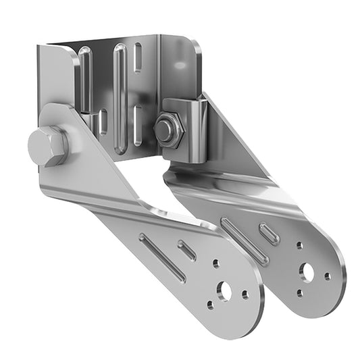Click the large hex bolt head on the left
[47, 145]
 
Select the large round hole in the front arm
[224, 292]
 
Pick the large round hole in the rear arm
[307, 272]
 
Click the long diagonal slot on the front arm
[163, 257]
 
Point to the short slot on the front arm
[187, 251]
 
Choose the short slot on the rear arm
[269, 234]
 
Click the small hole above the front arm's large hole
[215, 263]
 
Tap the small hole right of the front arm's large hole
[245, 294]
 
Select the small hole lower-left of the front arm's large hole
[210, 305]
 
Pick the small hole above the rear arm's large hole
[299, 246]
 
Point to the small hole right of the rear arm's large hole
[328, 276]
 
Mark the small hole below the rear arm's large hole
[300, 293]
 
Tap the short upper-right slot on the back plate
[138, 57]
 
